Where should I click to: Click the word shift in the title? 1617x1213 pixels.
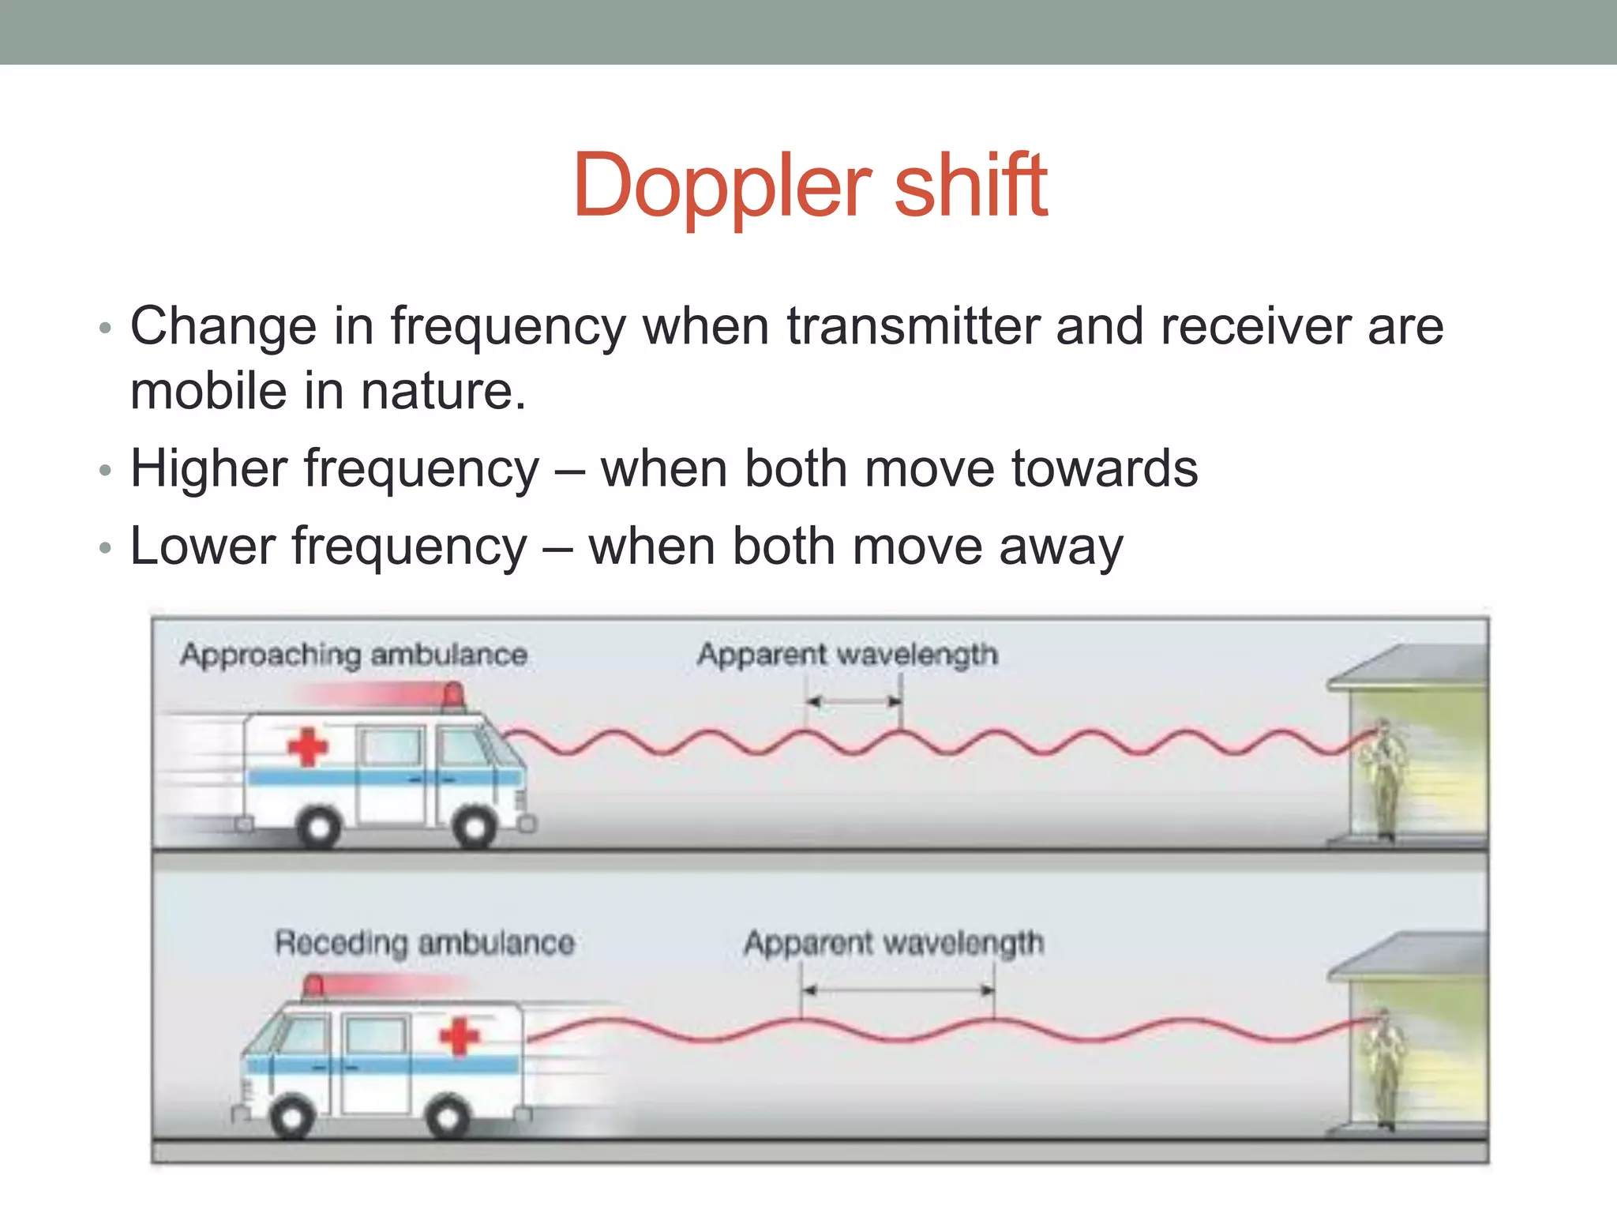click(970, 186)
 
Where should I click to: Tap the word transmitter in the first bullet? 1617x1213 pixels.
click(913, 326)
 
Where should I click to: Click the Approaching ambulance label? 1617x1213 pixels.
click(353, 655)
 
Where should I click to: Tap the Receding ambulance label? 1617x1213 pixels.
click(424, 943)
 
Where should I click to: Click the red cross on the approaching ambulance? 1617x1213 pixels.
click(307, 746)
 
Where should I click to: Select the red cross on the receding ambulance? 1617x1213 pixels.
click(459, 1036)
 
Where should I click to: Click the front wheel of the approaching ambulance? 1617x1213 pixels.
click(475, 828)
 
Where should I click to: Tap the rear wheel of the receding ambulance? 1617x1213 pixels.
click(447, 1117)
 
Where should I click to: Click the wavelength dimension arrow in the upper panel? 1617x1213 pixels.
click(854, 701)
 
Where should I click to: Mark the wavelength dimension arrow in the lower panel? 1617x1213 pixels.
click(898, 990)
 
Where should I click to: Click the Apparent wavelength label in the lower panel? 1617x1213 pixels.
click(893, 943)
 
